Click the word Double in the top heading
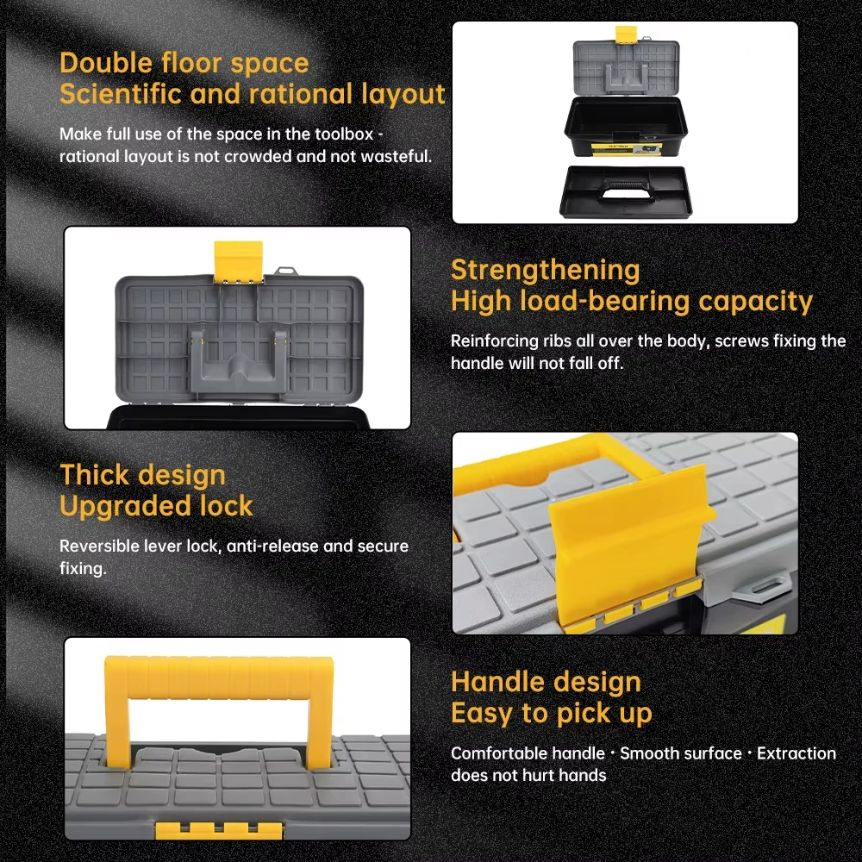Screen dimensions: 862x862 click(105, 63)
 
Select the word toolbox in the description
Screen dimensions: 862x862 click(344, 134)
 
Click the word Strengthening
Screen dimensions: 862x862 click(546, 271)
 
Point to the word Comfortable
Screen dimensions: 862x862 click(528, 753)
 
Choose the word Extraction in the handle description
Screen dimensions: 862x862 click(796, 753)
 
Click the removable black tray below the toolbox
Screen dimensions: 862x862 click(626, 191)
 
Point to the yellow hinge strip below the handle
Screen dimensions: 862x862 click(219, 830)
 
